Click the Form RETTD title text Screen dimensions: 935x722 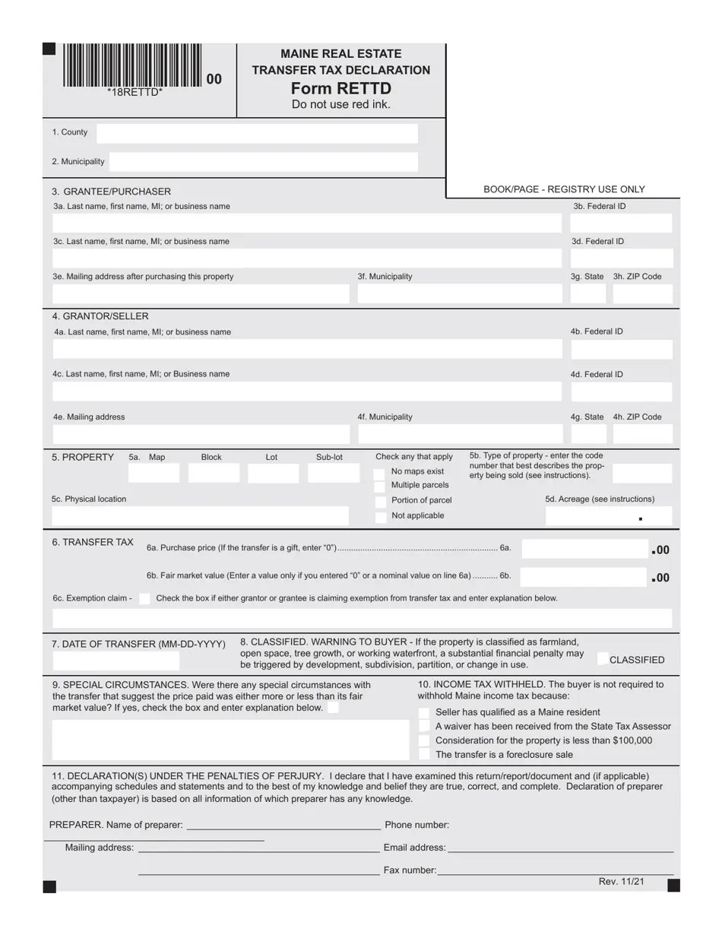[340, 88]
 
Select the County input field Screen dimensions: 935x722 [257, 134]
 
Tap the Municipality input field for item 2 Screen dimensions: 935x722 [264, 162]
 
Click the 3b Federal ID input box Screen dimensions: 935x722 [621, 223]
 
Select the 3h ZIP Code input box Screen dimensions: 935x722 [642, 293]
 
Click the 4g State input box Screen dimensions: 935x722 [588, 433]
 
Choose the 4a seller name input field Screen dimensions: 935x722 [307, 349]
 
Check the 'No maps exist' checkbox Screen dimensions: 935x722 [380, 473]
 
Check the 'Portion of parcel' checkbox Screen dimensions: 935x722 [380, 501]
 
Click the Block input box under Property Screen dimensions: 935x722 [214, 474]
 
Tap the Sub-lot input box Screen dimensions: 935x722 [333, 474]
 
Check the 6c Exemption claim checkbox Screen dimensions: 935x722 [144, 598]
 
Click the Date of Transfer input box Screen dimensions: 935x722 [116, 660]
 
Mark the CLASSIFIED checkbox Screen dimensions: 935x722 [603, 659]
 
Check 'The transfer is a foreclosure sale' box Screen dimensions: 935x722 [424, 754]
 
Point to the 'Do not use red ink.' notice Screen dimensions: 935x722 [340, 105]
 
